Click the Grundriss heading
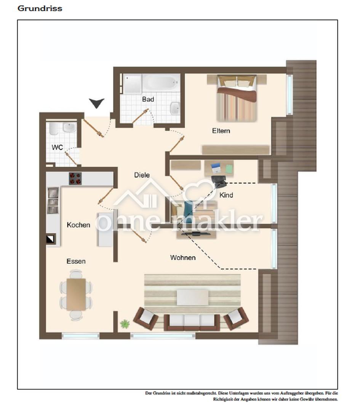click(40, 8)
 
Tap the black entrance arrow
click(96, 103)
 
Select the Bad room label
click(148, 99)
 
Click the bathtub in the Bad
click(161, 83)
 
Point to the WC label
click(57, 147)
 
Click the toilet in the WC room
click(54, 129)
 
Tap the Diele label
click(142, 175)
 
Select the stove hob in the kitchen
click(75, 179)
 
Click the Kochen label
click(78, 225)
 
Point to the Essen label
click(76, 261)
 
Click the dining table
click(76, 295)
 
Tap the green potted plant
click(125, 324)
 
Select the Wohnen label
click(183, 258)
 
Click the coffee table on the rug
click(193, 298)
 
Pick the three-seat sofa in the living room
click(192, 322)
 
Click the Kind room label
click(226, 195)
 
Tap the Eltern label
click(221, 131)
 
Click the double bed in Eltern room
click(237, 98)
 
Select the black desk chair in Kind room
click(219, 182)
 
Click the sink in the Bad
click(175, 108)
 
